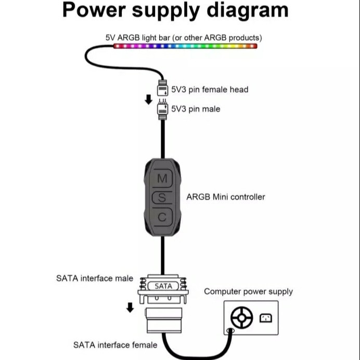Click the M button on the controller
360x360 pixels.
point(162,178)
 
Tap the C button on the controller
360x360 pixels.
point(162,217)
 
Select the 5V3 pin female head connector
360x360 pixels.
point(162,89)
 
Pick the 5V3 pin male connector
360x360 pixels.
point(162,109)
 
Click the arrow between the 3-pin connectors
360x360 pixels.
point(148,99)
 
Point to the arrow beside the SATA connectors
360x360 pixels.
point(130,308)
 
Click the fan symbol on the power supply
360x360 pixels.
point(241,318)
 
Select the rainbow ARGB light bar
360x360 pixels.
point(185,46)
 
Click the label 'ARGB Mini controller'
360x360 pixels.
point(225,197)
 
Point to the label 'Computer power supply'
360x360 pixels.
point(248,291)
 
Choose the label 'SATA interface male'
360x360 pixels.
point(94,278)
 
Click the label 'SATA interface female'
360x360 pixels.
point(115,344)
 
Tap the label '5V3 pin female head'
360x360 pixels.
point(210,89)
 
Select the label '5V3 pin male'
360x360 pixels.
point(196,109)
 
